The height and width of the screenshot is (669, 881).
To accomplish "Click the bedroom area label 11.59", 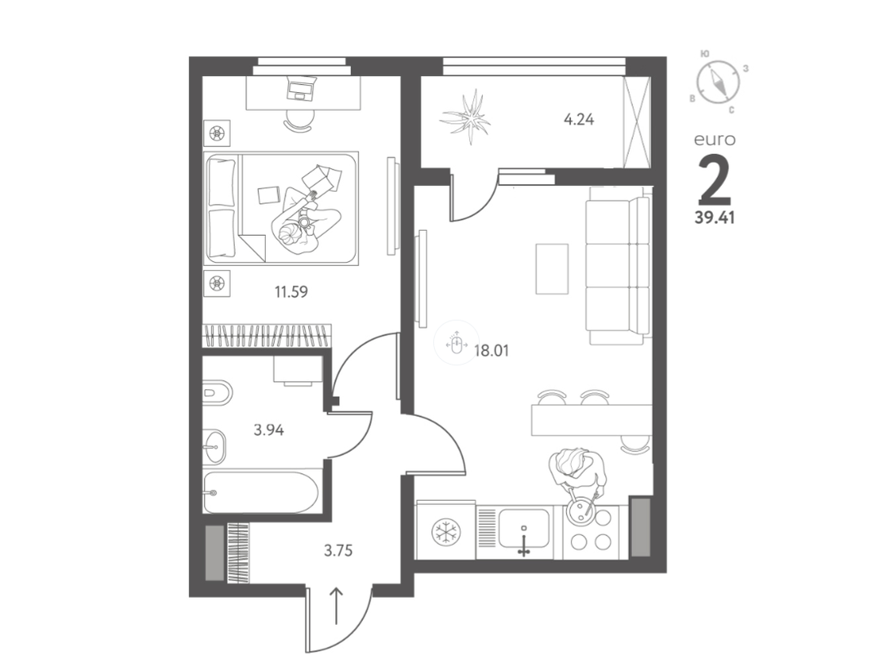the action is [291, 292].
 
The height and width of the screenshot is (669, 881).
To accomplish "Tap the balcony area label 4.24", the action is [578, 120].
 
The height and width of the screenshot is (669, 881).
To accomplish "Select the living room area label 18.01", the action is [492, 351].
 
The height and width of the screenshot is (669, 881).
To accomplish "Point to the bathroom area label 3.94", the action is [268, 431].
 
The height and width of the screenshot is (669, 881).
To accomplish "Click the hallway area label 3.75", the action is [339, 551].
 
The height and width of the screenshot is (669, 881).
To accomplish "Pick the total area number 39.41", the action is [715, 217].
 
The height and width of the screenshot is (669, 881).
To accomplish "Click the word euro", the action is [715, 140].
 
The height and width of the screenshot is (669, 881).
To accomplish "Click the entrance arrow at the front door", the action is [336, 606].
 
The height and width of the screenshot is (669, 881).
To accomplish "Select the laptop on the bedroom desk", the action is [303, 88].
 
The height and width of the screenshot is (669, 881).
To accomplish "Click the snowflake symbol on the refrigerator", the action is [446, 532].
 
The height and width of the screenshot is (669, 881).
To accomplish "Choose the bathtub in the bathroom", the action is [261, 493].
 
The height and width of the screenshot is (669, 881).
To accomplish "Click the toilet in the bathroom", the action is [218, 392].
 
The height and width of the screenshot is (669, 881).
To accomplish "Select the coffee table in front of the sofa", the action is [551, 269].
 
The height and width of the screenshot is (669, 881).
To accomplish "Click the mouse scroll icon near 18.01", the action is [456, 343].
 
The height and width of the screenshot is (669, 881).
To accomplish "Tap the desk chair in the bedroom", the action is [298, 120].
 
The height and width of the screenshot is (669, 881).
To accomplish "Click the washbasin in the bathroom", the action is [214, 447].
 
